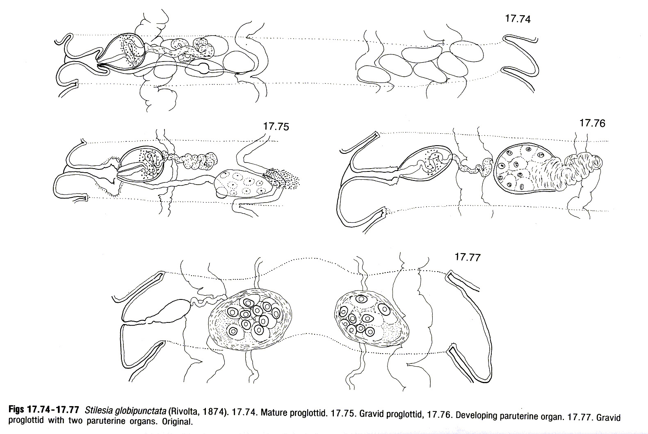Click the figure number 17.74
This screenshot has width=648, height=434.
pos(518,19)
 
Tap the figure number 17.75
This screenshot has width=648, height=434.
pos(276,127)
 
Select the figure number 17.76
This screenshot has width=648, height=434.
pos(592,123)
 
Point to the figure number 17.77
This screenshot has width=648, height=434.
pos(468,257)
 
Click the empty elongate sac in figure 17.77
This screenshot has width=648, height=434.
pos(170,312)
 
